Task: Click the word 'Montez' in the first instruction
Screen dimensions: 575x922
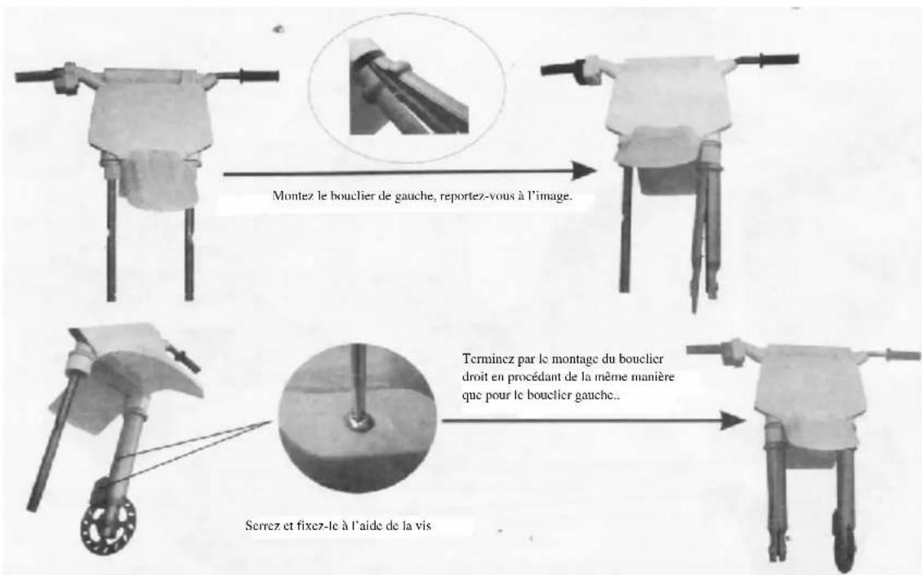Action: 288,196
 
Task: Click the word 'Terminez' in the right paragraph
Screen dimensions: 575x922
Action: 487,358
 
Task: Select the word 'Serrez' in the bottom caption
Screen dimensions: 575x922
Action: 261,525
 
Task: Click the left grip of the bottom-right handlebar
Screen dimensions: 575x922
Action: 707,350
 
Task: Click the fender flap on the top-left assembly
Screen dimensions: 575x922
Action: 159,180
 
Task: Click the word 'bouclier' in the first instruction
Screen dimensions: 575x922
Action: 348,196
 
